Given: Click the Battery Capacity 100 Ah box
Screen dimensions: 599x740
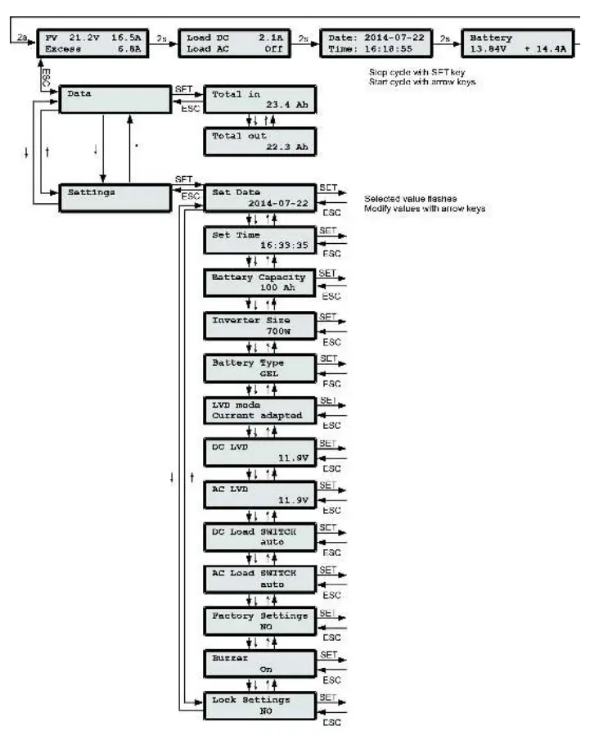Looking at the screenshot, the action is coord(258,283).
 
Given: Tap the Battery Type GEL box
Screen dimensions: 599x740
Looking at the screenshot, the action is coord(258,368).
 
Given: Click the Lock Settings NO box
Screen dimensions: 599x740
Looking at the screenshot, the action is coord(258,705).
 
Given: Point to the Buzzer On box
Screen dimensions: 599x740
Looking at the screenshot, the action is coord(258,662).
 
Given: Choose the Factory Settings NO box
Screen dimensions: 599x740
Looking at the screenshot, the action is coord(258,620).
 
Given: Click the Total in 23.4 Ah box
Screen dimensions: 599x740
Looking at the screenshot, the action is coord(258,100).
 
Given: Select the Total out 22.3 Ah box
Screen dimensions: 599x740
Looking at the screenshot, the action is coord(258,142).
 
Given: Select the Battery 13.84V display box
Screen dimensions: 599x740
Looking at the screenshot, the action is coord(517,43).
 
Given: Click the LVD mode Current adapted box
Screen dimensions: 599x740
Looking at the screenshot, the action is coord(258,410).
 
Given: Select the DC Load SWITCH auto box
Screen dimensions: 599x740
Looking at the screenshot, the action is coord(258,536).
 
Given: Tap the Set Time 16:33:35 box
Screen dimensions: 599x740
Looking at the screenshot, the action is coord(258,241).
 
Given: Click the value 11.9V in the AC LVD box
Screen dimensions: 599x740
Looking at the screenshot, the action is coord(291,499).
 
